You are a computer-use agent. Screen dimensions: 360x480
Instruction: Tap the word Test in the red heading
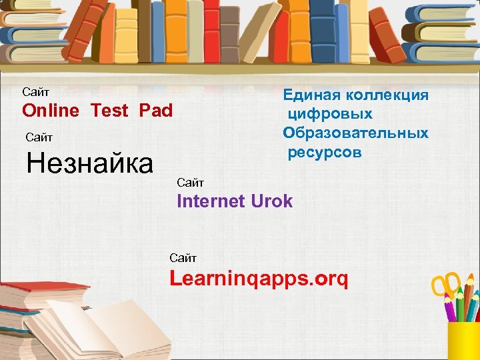click(x=109, y=111)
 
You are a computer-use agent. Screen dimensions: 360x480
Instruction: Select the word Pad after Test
click(x=156, y=111)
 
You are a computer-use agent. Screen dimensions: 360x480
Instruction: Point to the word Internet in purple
click(x=211, y=201)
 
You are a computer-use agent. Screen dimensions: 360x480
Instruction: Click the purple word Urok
click(x=271, y=201)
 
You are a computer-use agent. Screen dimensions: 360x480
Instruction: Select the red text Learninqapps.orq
click(x=259, y=279)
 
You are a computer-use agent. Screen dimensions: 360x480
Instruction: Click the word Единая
click(x=310, y=95)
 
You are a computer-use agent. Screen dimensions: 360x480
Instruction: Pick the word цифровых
click(x=330, y=114)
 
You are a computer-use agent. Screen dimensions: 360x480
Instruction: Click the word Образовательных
click(x=356, y=133)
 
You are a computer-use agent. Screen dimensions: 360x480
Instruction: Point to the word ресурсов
click(x=325, y=153)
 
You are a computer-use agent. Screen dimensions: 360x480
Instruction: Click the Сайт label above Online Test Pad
click(x=36, y=91)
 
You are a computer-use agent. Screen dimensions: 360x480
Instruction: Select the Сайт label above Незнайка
click(x=39, y=137)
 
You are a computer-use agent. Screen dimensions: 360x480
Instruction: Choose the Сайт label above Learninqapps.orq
click(x=183, y=257)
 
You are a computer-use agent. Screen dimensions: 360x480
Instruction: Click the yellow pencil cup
click(x=463, y=340)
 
